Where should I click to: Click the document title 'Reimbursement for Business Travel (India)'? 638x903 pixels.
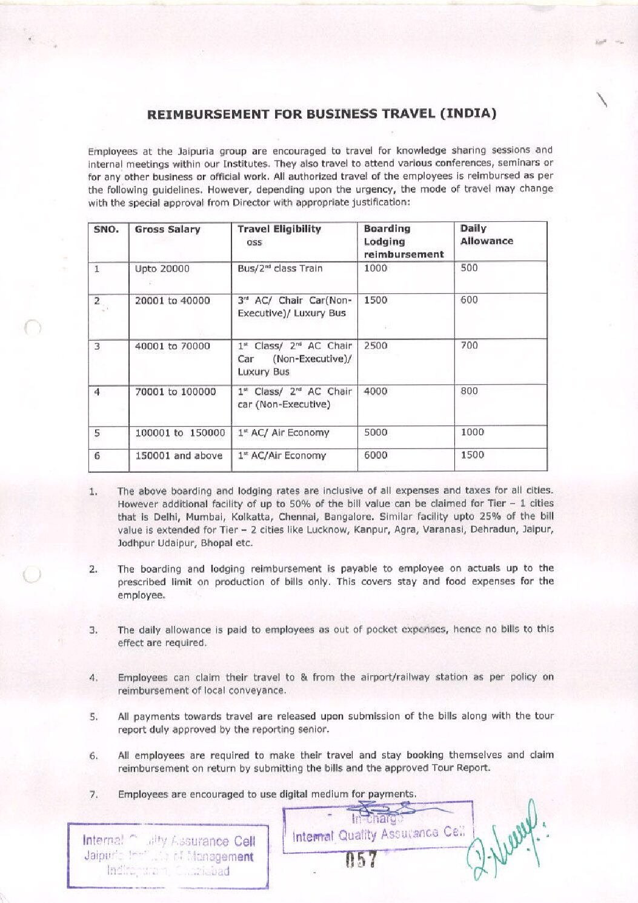click(x=322, y=114)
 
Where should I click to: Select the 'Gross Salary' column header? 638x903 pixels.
click(x=167, y=230)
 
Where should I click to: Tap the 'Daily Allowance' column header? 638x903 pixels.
click(x=486, y=235)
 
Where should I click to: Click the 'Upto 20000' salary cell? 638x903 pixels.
click(x=162, y=269)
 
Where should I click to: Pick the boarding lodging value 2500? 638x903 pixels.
click(x=376, y=345)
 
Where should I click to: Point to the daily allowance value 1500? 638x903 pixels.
click(x=473, y=455)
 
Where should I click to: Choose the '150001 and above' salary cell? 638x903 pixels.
click(x=179, y=456)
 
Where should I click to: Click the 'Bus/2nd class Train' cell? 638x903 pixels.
click(x=280, y=268)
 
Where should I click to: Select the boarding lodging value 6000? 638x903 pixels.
click(x=376, y=455)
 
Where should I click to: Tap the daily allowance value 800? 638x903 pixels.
click(x=469, y=391)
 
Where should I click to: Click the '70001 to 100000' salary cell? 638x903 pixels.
click(x=175, y=392)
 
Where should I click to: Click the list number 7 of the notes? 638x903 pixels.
click(x=94, y=795)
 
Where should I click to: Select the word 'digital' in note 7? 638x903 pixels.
click(x=293, y=794)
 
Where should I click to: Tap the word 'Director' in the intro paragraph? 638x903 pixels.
click(x=252, y=202)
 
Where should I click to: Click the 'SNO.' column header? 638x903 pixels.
click(x=107, y=230)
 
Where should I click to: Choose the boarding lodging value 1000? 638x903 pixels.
click(x=376, y=268)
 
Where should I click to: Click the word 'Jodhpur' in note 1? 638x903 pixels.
click(x=135, y=543)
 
